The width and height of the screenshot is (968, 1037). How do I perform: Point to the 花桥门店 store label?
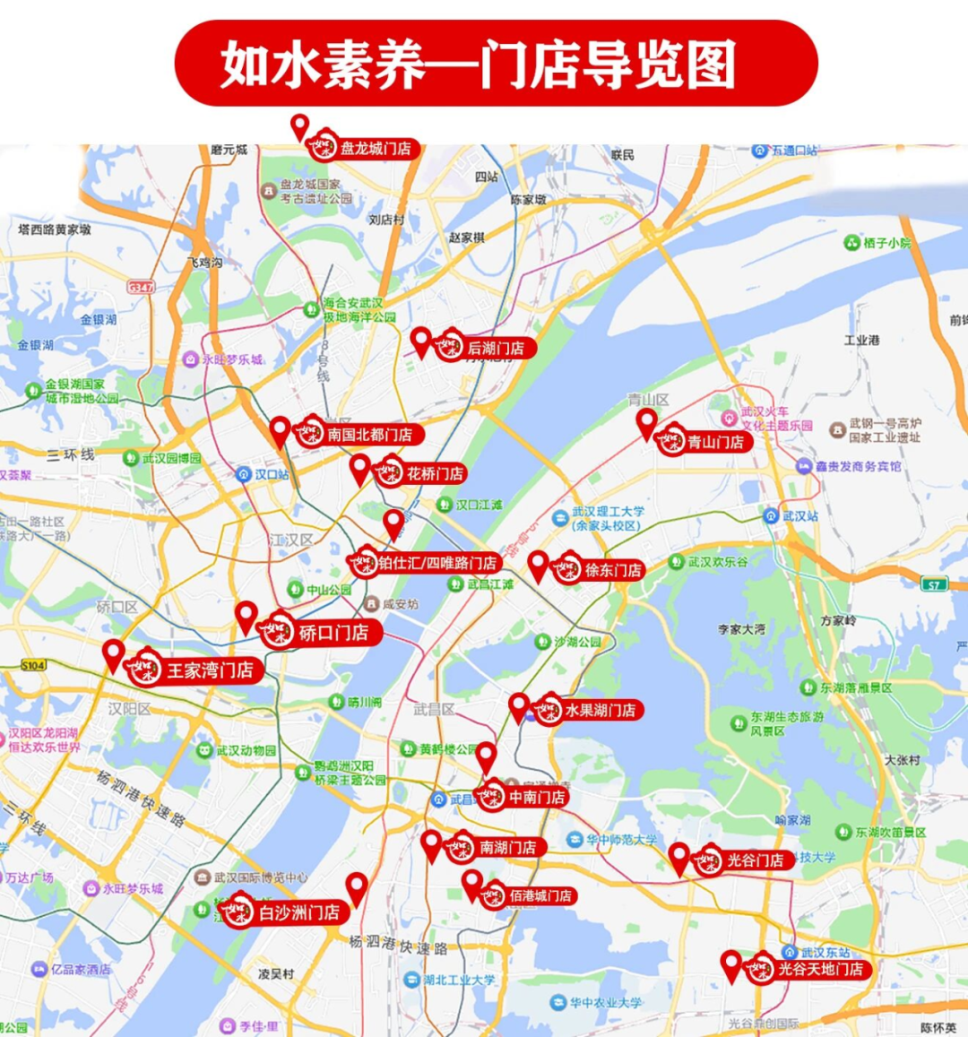tap(433, 473)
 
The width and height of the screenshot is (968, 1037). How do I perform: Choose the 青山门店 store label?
tap(713, 442)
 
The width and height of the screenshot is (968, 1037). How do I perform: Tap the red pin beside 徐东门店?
tap(538, 566)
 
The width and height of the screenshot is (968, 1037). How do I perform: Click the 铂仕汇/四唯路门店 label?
tap(435, 564)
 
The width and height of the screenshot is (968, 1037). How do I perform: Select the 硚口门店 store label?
tap(332, 633)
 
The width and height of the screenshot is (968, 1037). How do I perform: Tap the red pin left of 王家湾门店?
tap(113, 654)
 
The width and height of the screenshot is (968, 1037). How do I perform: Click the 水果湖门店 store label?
tap(599, 710)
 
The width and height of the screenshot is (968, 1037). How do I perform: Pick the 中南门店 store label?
tap(535, 797)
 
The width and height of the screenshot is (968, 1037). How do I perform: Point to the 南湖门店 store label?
tap(506, 847)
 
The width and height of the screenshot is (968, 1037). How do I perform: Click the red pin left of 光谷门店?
tap(679, 858)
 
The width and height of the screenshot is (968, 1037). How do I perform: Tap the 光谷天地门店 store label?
tap(818, 969)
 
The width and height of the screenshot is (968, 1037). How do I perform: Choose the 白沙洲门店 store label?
tap(298, 912)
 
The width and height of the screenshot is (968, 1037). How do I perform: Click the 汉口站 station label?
tap(270, 474)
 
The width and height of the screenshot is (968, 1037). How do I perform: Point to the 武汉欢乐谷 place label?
tap(716, 562)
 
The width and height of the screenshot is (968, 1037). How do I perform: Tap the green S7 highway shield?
tap(934, 584)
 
